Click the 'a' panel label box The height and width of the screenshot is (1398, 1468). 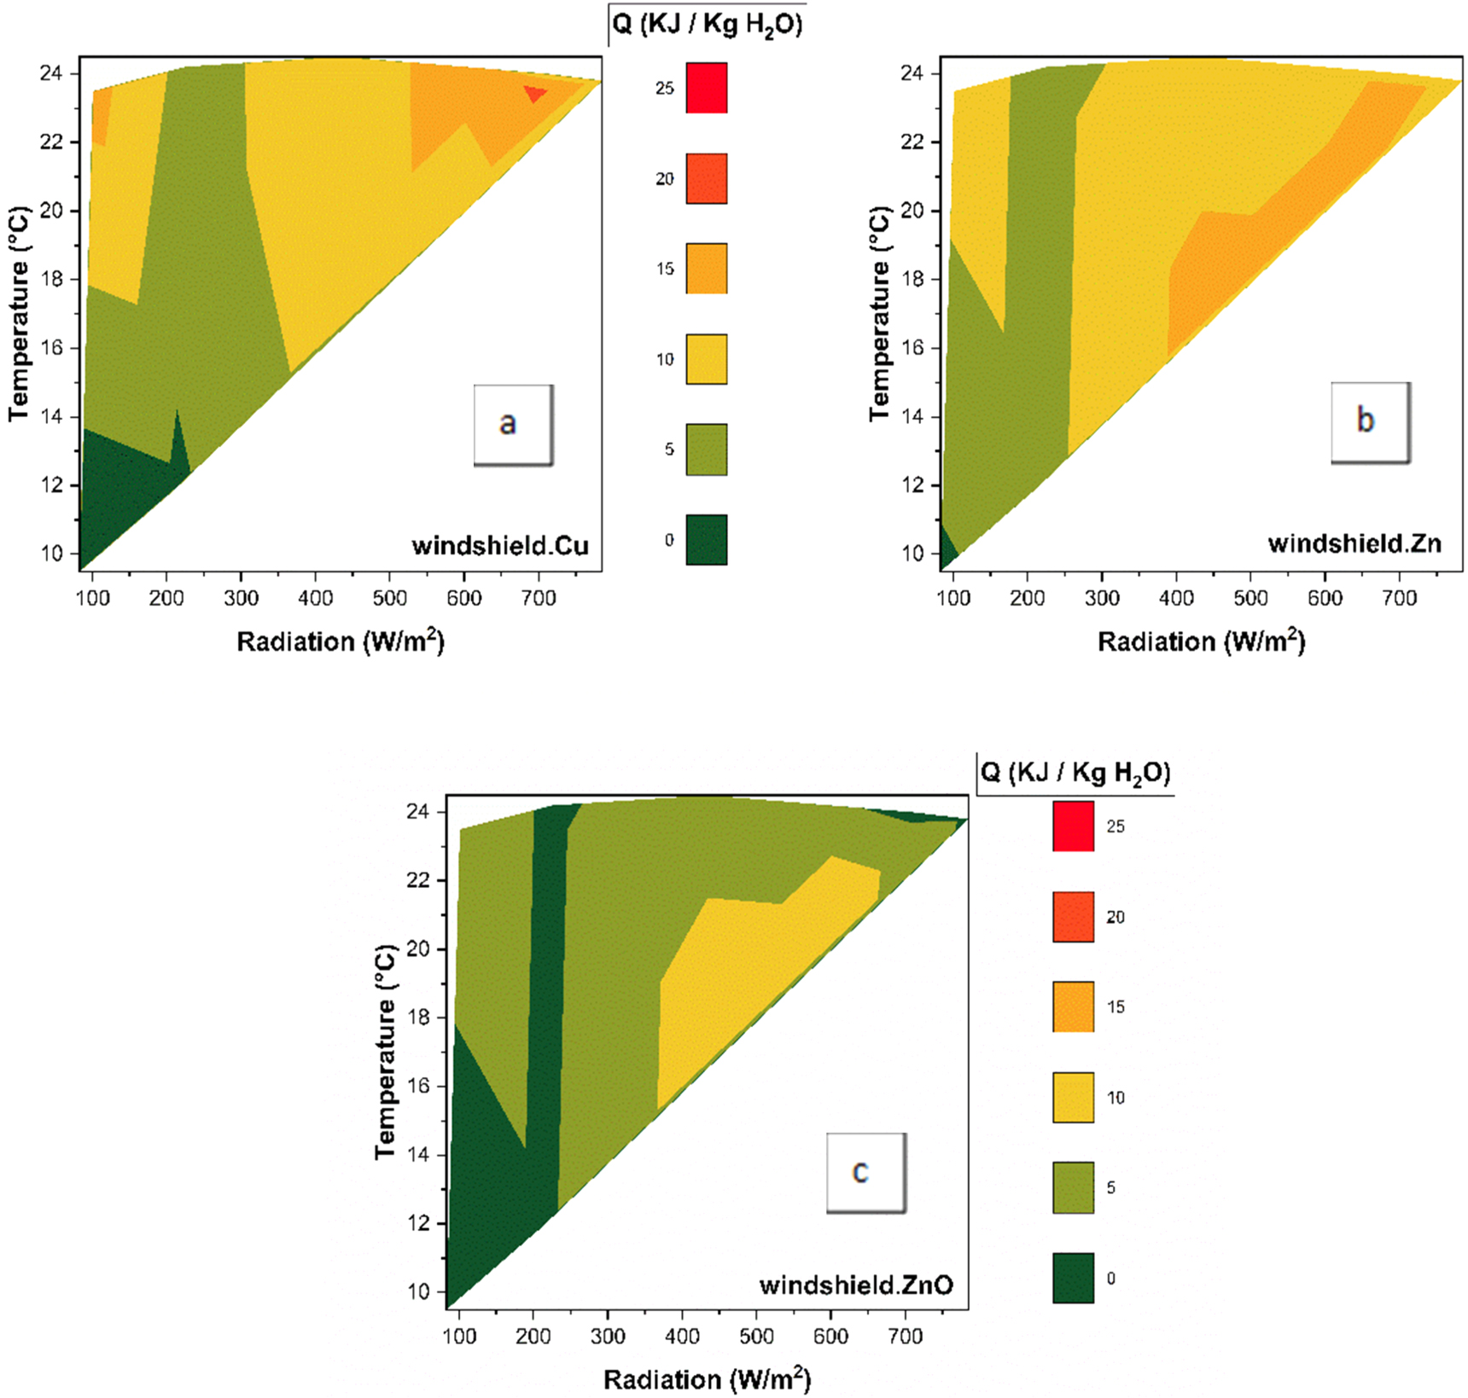click(x=513, y=424)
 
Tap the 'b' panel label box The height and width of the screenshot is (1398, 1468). click(x=1370, y=421)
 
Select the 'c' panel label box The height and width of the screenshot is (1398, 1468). click(x=865, y=1172)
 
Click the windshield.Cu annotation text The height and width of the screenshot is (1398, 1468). click(x=500, y=546)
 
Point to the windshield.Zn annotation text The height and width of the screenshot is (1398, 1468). click(x=1354, y=543)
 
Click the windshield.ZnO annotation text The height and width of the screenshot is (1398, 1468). click(x=856, y=1285)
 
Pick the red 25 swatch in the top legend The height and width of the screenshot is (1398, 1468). click(x=707, y=88)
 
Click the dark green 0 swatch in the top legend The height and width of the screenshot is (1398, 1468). click(x=707, y=540)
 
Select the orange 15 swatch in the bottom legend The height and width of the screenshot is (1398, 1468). click(x=1073, y=1006)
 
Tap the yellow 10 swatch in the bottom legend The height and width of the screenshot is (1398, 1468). click(x=1073, y=1097)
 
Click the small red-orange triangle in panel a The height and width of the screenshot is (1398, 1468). click(x=535, y=93)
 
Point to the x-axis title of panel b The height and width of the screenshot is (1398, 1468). click(x=1201, y=641)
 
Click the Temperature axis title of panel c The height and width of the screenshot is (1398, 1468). click(x=386, y=1051)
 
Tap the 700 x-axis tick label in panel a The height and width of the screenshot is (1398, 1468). click(x=539, y=598)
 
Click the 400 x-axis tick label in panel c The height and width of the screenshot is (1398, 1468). click(x=682, y=1336)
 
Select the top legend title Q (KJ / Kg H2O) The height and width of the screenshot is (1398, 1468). click(x=708, y=25)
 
